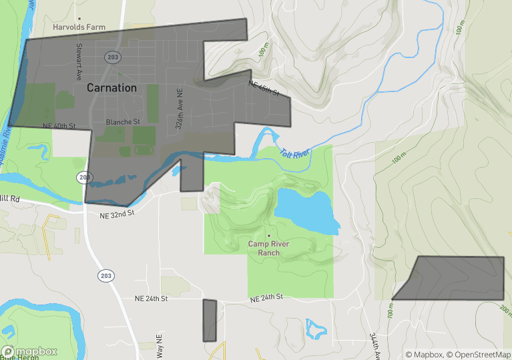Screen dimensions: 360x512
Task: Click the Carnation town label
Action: pos(111,87)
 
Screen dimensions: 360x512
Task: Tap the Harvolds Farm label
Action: pos(79,27)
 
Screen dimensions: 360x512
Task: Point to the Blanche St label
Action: pos(123,122)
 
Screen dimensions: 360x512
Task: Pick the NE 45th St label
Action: pos(263,88)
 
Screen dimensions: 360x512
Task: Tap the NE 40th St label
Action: pos(59,126)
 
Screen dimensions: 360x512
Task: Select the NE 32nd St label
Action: pos(117,212)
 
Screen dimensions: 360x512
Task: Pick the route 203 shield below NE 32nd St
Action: pos(105,275)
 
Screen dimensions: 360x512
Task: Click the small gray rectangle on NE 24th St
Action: pos(210,321)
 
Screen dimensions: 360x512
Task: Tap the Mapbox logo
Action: pos(29,351)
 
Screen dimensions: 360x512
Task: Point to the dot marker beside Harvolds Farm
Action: pos(79,19)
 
